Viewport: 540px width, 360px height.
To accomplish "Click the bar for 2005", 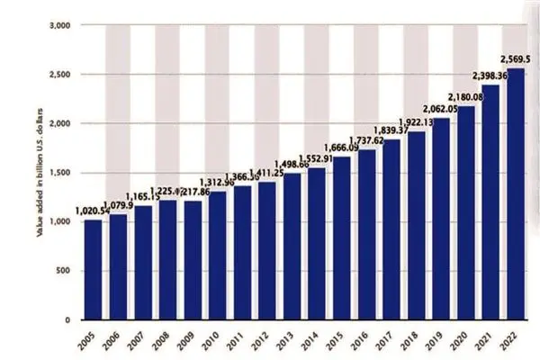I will [93, 270].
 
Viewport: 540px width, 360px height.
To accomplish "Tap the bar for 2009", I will [193, 260].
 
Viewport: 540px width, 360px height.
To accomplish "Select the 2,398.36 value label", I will [490, 75].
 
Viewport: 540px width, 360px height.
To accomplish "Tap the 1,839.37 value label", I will [391, 130].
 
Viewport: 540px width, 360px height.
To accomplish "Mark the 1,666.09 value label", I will [341, 147].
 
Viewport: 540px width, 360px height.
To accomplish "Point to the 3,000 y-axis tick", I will [60, 26].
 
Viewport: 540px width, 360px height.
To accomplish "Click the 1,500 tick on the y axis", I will [60, 173].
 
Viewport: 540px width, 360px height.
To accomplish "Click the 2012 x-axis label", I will [262, 340].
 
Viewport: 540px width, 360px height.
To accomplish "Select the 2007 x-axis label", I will [138, 340].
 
